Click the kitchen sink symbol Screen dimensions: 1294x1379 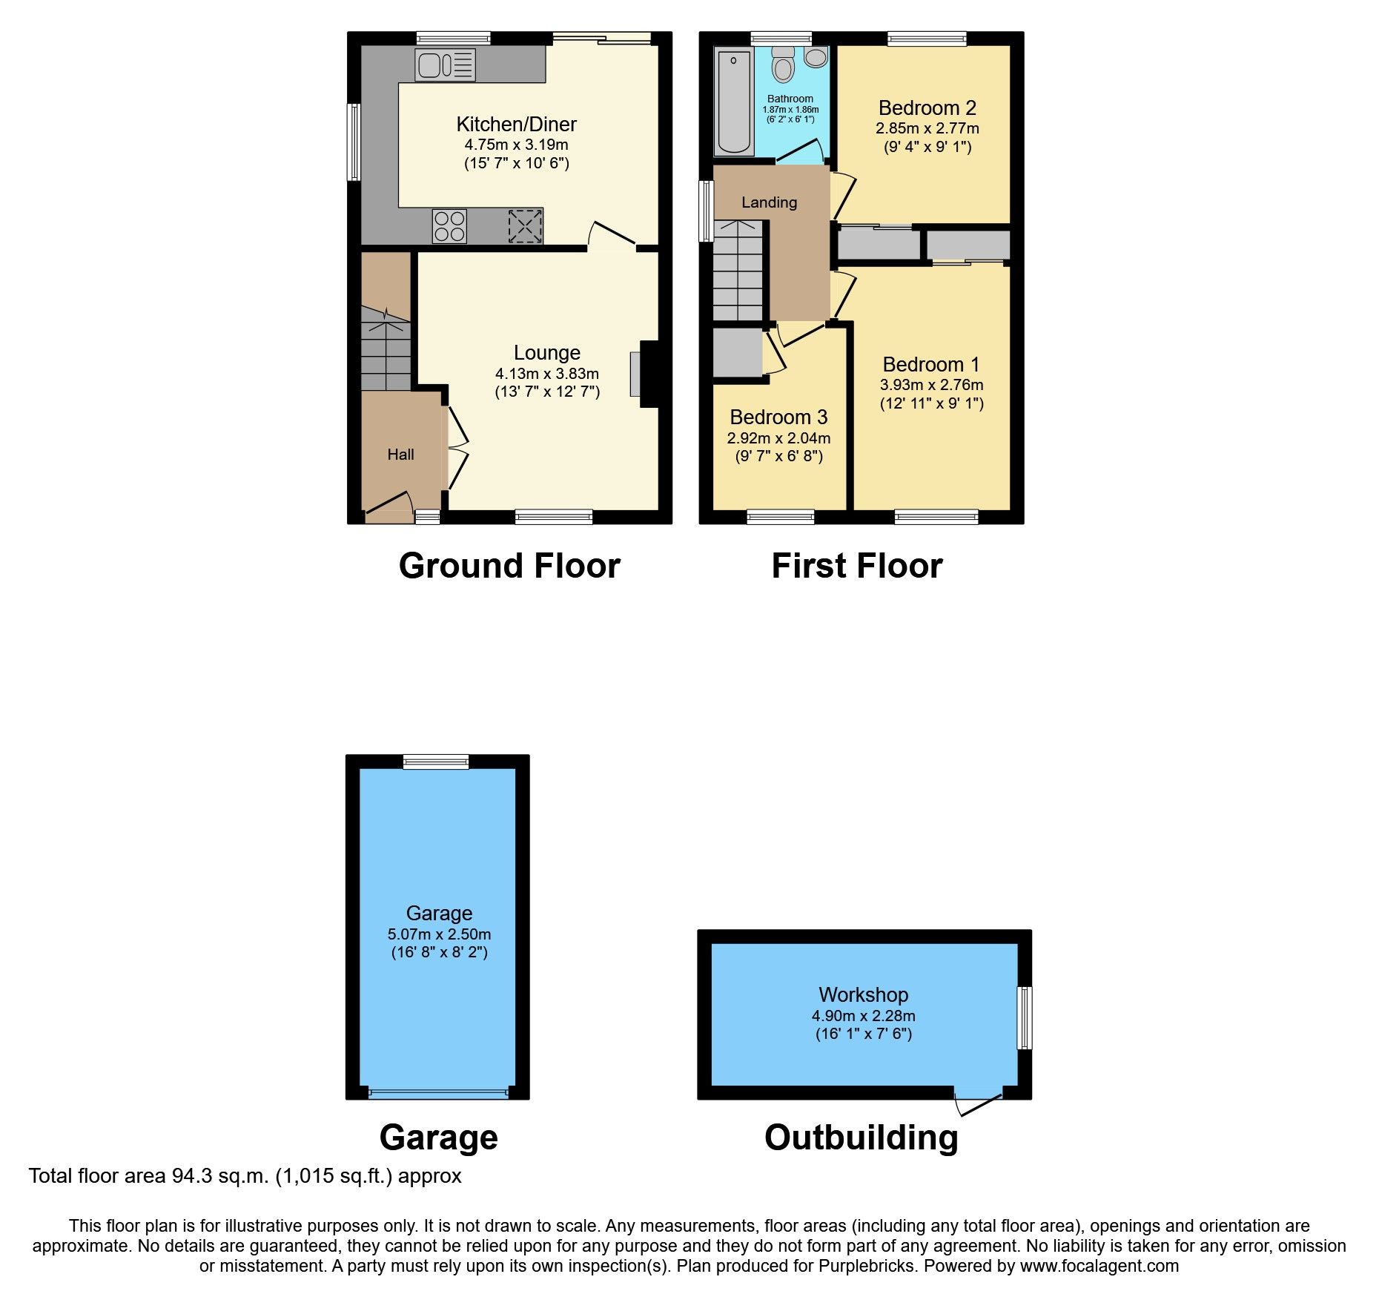445,65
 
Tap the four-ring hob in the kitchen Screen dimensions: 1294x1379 450,226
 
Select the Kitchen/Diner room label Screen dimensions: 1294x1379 516,125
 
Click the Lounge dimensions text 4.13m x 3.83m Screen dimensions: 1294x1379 547,374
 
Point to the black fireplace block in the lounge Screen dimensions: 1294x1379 649,374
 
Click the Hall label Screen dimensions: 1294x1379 400,455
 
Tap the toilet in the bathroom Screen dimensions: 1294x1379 782,65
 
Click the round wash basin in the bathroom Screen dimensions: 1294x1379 816,58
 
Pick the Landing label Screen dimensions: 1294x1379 769,202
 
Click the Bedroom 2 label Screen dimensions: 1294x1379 927,108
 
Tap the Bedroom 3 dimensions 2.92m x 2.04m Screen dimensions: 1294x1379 778,438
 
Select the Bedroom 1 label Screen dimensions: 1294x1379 930,365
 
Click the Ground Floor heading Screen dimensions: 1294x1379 509,567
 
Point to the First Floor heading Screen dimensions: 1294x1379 856,567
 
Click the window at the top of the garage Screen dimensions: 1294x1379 436,761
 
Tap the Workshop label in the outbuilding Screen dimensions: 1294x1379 863,994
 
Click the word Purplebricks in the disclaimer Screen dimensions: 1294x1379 866,1266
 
